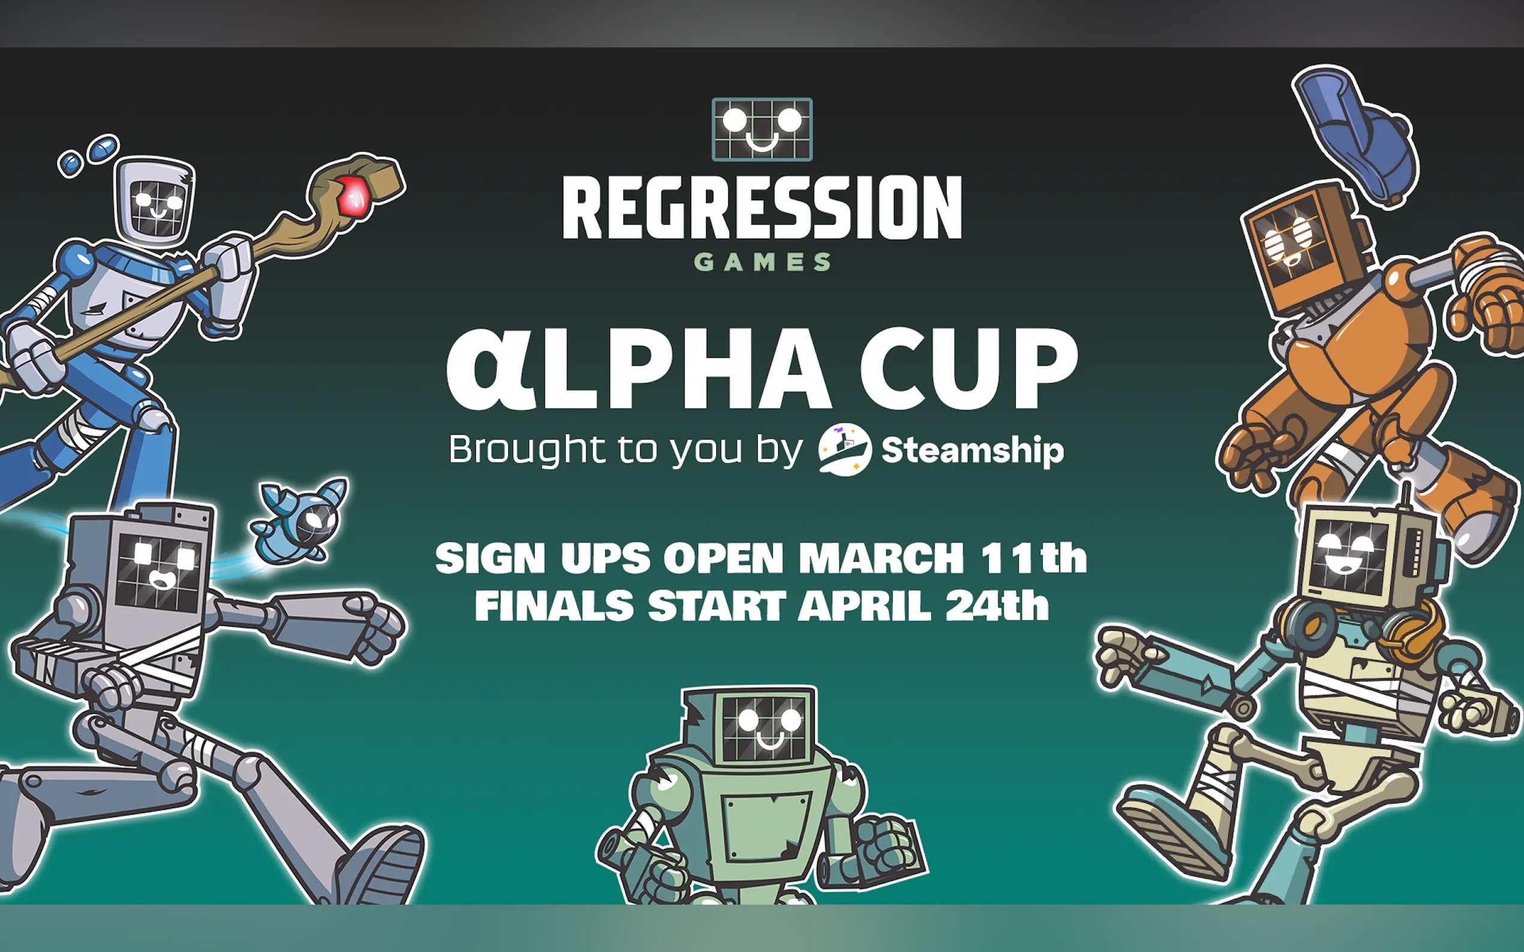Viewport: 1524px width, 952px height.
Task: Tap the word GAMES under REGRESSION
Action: point(763,262)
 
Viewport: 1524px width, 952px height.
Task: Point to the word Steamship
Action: point(972,450)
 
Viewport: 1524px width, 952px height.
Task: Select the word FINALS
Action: point(554,605)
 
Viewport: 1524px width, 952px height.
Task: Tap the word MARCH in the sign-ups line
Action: point(881,558)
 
